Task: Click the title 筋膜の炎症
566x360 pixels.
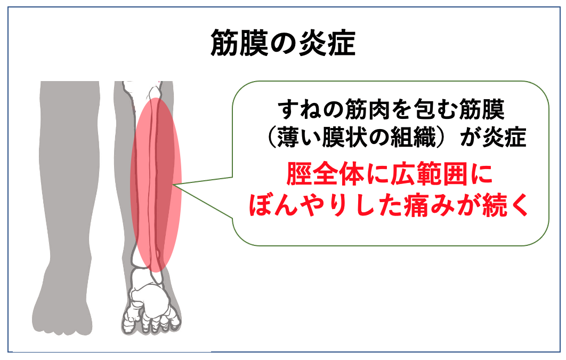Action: [x=283, y=43]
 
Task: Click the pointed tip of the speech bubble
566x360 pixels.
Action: [x=174, y=185]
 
